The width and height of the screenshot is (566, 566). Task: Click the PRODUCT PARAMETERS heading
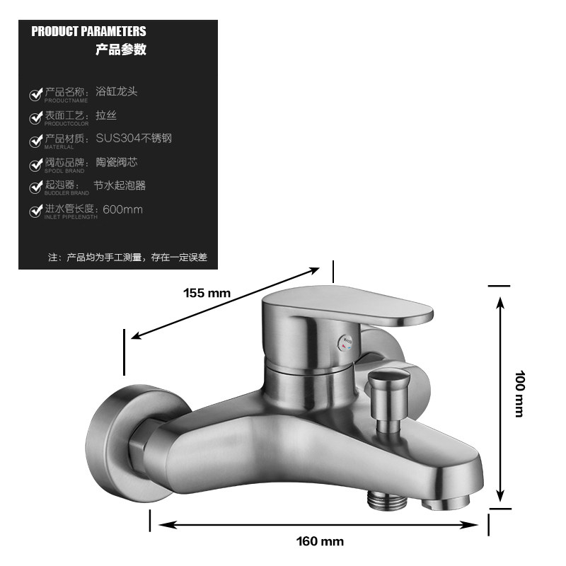(x=88, y=31)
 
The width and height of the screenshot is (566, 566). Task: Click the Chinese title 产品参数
(x=121, y=50)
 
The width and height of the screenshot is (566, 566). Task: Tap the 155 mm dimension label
(x=207, y=292)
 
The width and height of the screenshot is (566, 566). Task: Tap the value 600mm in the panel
(x=123, y=209)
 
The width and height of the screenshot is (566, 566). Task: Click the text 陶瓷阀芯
(x=117, y=162)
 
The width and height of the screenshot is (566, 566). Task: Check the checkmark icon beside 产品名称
(x=35, y=94)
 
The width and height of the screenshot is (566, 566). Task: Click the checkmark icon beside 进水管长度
(x=35, y=212)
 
